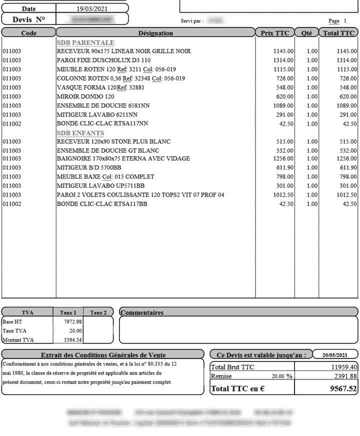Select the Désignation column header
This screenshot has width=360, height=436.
point(155,33)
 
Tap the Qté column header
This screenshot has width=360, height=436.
point(306,33)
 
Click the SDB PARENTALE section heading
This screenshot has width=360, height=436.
point(85,42)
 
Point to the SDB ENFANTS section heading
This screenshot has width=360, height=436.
point(80,133)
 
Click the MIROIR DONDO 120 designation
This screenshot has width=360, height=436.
point(85,96)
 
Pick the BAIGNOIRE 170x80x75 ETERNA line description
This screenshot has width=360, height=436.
point(123,159)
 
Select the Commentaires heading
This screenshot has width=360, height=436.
point(142,313)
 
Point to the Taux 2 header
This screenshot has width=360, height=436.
point(98,312)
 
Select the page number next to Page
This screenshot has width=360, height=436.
point(344,21)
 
